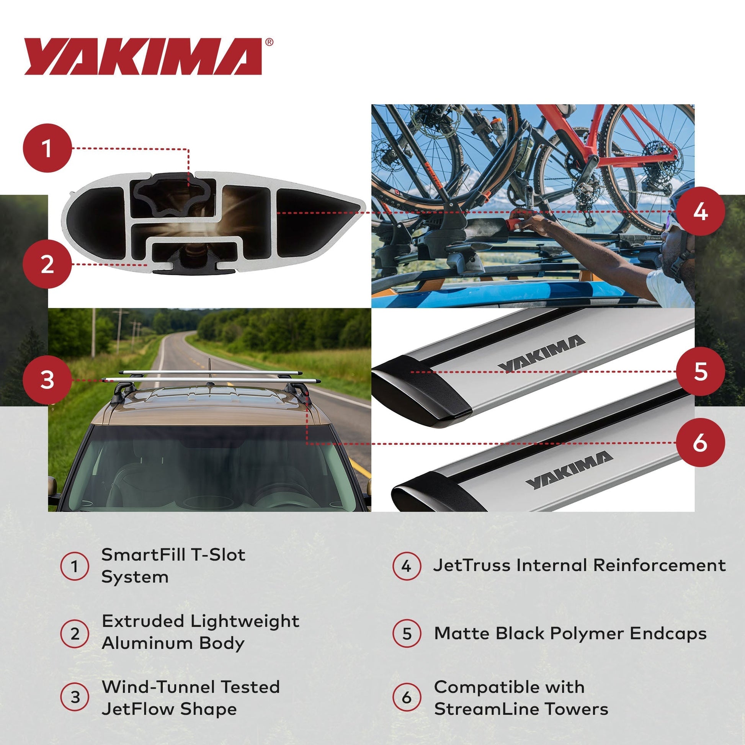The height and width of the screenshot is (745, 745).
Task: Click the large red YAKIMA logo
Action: click(143, 56)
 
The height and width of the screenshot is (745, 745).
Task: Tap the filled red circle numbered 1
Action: click(47, 148)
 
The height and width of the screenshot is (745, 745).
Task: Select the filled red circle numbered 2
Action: click(47, 264)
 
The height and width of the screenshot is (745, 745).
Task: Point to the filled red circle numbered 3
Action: click(47, 380)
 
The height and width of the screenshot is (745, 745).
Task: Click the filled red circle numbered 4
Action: click(700, 211)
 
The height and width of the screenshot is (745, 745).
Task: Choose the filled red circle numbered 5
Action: click(700, 371)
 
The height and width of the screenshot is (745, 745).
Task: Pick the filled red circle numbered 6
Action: click(700, 443)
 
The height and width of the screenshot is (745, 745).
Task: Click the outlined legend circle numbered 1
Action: click(75, 567)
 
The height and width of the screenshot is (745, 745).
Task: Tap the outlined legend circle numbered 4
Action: click(407, 567)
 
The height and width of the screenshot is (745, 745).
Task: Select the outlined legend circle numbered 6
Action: click(407, 697)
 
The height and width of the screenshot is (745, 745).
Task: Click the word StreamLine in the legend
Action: click(485, 709)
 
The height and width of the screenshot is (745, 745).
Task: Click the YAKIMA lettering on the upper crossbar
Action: click(541, 354)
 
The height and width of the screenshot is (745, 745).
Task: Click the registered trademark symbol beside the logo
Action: click(269, 42)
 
